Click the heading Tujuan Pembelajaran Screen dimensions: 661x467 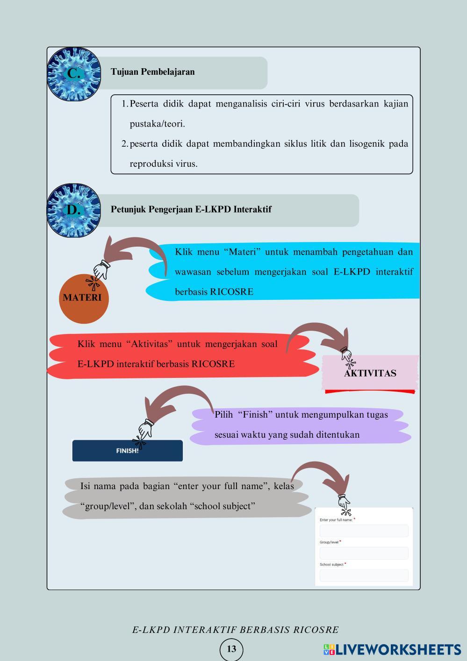pyautogui.click(x=152, y=72)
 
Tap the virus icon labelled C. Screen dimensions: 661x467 pyautogui.click(x=73, y=74)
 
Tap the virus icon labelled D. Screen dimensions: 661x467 pyautogui.click(x=73, y=210)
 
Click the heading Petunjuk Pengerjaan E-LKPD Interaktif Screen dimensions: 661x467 pyautogui.click(x=191, y=209)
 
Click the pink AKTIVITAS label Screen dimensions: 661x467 pyautogui.click(x=370, y=373)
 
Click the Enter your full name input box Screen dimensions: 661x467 pyautogui.click(x=364, y=531)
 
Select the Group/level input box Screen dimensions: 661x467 pyautogui.click(x=364, y=553)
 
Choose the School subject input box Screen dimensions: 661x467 pyautogui.click(x=364, y=576)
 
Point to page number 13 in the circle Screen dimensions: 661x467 pyautogui.click(x=231, y=649)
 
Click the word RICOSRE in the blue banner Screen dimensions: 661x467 pyautogui.click(x=231, y=292)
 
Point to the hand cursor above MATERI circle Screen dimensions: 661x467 pyautogui.click(x=101, y=270)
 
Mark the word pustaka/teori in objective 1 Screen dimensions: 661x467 pyautogui.click(x=157, y=124)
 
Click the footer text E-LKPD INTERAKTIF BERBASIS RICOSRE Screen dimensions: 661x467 pyautogui.click(x=235, y=630)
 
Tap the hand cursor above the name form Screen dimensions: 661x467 pyautogui.click(x=344, y=503)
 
